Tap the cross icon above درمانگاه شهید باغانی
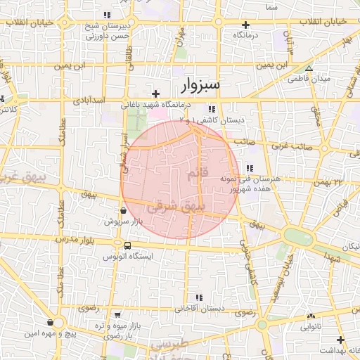(x=156, y=94)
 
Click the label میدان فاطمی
(x=309, y=79)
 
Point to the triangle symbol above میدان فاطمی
(x=309, y=68)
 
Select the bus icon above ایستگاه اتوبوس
(x=127, y=246)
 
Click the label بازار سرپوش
(x=123, y=221)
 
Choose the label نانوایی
(x=311, y=327)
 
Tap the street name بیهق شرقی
(x=190, y=209)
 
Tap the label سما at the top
(x=271, y=6)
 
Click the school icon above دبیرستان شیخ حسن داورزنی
(x=107, y=15)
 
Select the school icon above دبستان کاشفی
(x=212, y=109)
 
